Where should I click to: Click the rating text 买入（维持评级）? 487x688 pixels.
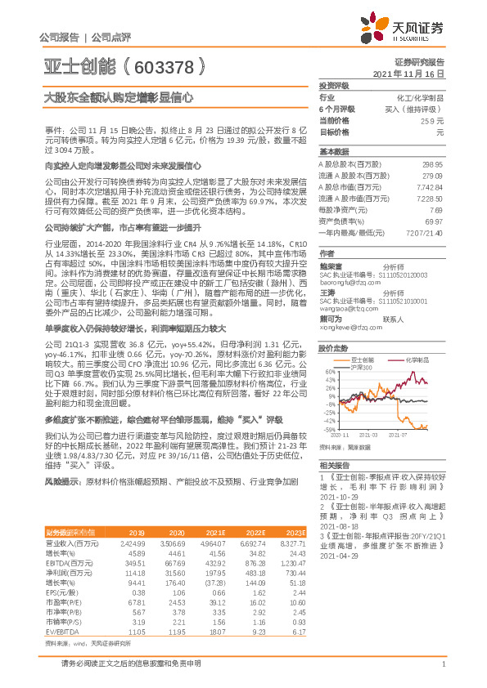point(420,108)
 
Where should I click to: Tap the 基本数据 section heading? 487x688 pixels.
point(333,152)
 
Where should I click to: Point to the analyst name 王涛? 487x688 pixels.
point(327,292)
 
